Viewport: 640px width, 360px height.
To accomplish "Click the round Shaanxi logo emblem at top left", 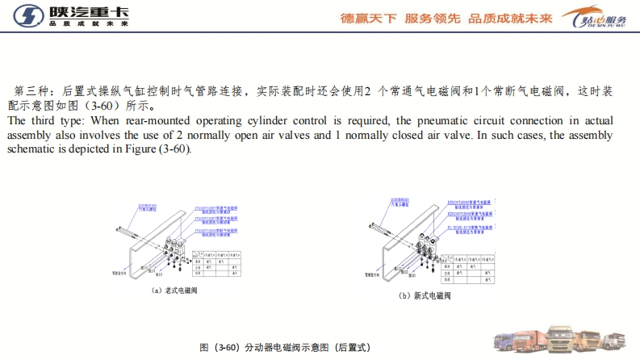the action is coord(24,16).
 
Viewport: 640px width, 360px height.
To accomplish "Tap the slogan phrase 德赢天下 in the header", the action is coord(369,17).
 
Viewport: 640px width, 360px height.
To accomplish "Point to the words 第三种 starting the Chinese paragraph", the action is coord(31,90).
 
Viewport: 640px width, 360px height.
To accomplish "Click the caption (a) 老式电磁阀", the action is coord(175,291).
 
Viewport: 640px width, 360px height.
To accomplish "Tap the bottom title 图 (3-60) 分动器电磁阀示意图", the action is coord(284,347).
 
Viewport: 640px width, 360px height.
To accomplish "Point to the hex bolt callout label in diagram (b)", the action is coord(400,199).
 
